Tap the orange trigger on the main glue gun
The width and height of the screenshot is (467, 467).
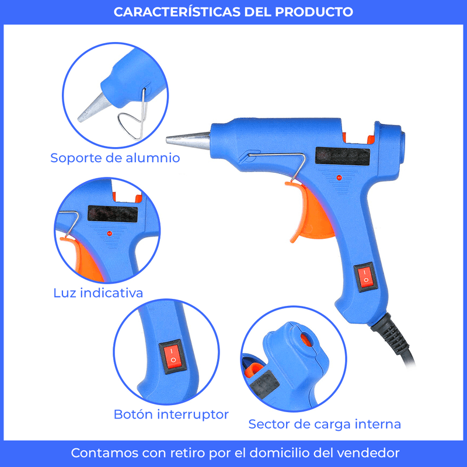click(313, 213)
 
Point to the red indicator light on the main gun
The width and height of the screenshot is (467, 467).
click(339, 178)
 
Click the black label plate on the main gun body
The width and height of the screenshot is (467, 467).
click(343, 156)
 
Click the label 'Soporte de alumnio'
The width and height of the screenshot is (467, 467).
click(115, 158)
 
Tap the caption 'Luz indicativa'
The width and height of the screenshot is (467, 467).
click(98, 293)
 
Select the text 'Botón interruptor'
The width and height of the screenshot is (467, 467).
click(171, 414)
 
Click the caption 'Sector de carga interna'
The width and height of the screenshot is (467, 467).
click(325, 424)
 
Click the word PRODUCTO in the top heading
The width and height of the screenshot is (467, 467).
click(314, 12)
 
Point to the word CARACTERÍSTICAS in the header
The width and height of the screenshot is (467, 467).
click(177, 12)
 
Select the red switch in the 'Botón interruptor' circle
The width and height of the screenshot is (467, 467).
click(172, 356)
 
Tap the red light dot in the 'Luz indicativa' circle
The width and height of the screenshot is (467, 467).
click(110, 233)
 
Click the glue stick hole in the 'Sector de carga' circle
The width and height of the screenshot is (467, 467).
click(306, 340)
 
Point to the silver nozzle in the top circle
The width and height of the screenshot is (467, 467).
click(95, 108)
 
